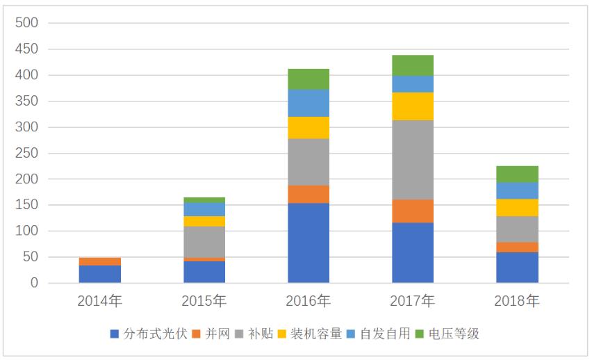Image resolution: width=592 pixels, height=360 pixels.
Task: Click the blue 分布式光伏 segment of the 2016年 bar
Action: [x=309, y=243]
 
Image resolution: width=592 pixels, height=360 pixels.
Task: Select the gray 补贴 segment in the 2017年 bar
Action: [x=413, y=160]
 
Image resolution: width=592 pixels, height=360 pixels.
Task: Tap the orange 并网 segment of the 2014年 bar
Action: [x=100, y=261]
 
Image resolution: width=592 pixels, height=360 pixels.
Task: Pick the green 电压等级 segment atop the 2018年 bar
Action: [x=517, y=174]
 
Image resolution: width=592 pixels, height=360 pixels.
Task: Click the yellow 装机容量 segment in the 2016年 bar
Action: [x=309, y=128]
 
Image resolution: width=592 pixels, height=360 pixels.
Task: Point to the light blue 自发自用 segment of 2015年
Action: [x=204, y=209]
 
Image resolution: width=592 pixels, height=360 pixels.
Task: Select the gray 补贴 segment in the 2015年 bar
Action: [x=204, y=242]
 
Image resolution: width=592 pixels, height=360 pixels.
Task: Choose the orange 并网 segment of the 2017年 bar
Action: [x=413, y=211]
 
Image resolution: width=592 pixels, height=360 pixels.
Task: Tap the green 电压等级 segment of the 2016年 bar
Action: [x=309, y=79]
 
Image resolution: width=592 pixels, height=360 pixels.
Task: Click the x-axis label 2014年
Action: [x=100, y=301]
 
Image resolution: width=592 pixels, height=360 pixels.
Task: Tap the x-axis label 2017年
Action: [x=413, y=301]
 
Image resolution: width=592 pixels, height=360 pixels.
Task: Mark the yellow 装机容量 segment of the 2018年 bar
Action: [x=517, y=207]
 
